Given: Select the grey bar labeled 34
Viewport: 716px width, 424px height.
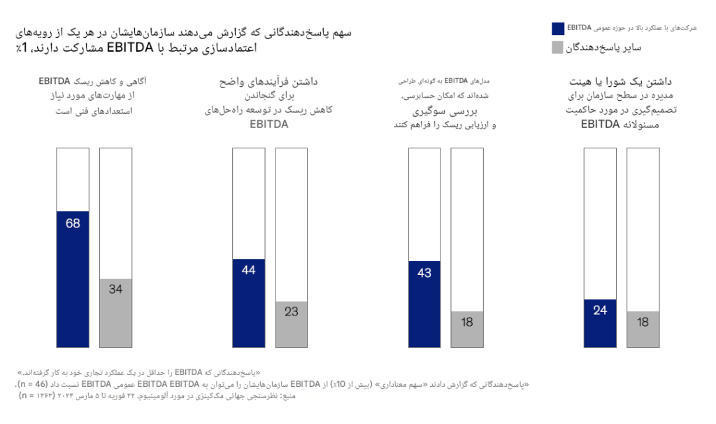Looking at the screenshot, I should [x=115, y=313].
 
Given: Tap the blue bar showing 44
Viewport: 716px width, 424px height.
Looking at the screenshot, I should [x=248, y=302].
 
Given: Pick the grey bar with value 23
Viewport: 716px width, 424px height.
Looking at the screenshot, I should [x=292, y=324].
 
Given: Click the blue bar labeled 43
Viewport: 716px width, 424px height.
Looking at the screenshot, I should [x=424, y=304].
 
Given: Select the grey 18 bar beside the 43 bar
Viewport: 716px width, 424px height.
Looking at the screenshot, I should [x=467, y=329].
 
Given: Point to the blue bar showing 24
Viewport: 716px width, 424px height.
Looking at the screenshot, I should [x=600, y=323].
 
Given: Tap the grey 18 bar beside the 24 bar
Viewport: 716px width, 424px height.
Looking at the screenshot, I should [x=643, y=329].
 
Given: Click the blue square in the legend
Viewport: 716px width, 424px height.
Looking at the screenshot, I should [x=557, y=28].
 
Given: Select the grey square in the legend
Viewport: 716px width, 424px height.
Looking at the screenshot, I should [x=557, y=48].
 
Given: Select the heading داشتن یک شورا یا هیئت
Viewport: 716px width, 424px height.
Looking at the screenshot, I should [x=610, y=82].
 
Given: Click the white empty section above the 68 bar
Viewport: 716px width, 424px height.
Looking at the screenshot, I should [x=73, y=179].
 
